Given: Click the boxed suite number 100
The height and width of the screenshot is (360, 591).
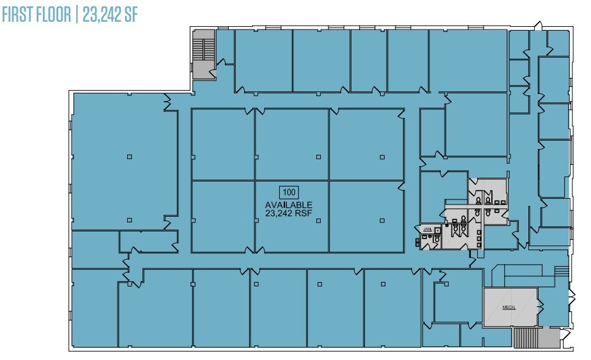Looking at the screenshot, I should click(289, 191).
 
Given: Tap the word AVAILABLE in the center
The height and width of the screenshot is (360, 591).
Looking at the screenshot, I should click(289, 205).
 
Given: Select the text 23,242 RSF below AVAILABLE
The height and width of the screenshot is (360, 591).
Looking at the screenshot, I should click(289, 214).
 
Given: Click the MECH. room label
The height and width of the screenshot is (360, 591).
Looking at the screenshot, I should click(509, 307).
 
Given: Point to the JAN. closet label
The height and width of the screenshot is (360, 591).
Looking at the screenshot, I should click(427, 228).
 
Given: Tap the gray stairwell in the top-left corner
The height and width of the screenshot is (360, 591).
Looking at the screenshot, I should click(204, 57).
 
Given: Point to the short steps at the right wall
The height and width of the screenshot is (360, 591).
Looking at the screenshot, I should click(561, 271).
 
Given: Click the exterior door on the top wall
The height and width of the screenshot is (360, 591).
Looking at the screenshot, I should click(537, 26).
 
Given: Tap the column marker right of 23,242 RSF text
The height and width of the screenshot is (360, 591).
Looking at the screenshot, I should click(382, 220).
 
